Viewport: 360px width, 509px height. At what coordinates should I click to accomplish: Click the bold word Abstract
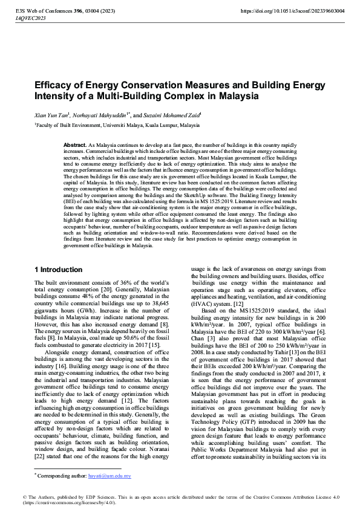point(74,146)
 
